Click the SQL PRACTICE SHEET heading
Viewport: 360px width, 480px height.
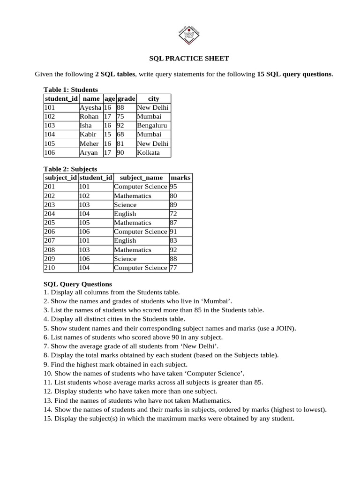pos(189,59)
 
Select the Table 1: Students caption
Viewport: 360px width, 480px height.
pos(71,90)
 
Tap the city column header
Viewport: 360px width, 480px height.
pos(153,98)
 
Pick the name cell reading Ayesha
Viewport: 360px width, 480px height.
pos(90,107)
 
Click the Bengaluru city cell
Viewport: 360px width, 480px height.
pos(152,126)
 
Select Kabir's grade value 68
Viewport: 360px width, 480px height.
pos(120,135)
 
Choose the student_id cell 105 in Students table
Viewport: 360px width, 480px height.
pos(50,143)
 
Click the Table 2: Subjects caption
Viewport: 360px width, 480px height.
pos(70,169)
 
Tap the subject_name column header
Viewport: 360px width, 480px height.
pos(142,178)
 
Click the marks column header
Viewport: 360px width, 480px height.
pos(181,178)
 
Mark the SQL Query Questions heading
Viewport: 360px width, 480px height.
pos(78,284)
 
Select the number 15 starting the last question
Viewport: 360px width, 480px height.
pos(47,419)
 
